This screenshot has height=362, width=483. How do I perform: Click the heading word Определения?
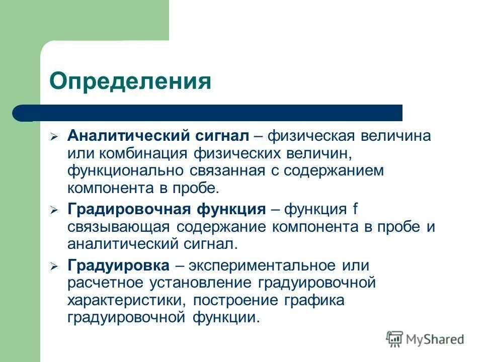pos(130,81)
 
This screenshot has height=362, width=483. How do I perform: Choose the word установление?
pos(196,283)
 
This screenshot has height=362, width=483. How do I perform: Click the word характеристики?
pos(121,300)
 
